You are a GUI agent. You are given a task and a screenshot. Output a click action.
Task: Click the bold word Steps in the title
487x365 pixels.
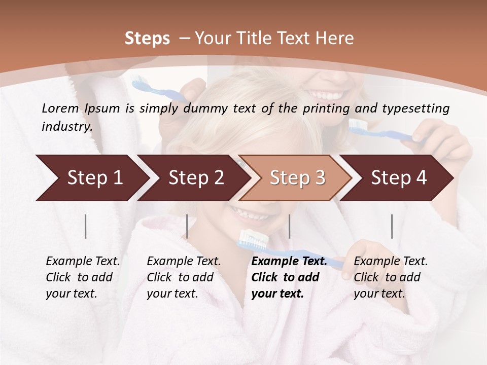(147, 39)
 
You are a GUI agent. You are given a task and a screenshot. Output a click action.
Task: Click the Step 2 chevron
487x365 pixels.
(193, 177)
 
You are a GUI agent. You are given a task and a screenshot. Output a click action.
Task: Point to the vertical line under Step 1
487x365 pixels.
(86, 226)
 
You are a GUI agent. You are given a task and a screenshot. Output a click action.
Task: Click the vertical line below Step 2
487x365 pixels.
(187, 226)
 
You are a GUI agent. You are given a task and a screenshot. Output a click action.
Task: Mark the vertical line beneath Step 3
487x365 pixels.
(289, 226)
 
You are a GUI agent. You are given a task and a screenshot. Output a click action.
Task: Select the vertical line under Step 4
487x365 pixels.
(392, 226)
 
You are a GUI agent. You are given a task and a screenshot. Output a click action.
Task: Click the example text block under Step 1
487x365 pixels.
(83, 277)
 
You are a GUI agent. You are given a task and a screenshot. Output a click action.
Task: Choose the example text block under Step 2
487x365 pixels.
(184, 277)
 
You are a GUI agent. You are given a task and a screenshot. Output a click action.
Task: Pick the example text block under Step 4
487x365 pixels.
(391, 277)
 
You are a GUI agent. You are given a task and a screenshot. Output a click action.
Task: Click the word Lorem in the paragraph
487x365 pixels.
(60, 108)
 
